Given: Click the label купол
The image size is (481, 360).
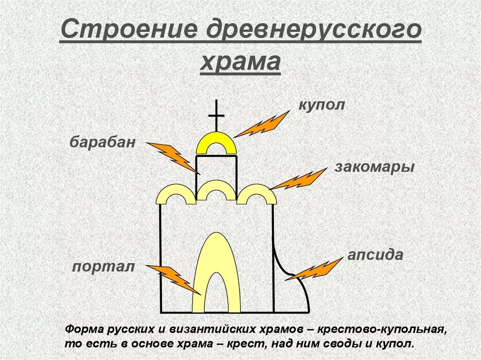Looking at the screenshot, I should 322,105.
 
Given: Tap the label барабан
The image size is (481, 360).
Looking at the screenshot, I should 103,142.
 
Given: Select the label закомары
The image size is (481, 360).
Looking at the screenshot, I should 374,167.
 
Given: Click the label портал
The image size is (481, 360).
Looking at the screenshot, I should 103,267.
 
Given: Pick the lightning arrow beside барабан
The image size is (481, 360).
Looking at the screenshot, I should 173,157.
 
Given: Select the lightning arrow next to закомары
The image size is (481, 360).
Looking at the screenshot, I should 298,180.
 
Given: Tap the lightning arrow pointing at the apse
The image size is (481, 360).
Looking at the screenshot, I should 314,269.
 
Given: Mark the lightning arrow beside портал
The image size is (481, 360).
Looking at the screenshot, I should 173,279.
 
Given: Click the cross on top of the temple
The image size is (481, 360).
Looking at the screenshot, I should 216,115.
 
